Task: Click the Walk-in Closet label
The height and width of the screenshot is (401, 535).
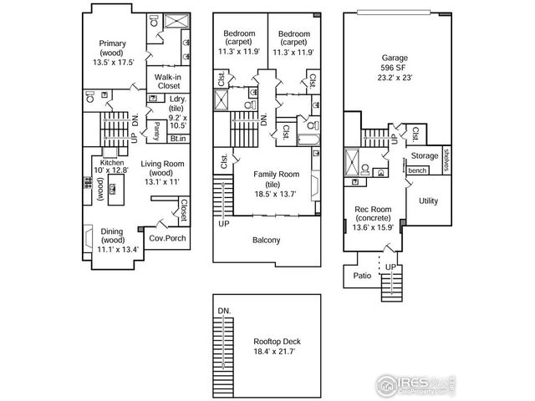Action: pos(170,80)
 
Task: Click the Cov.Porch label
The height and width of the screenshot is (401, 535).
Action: pos(167,238)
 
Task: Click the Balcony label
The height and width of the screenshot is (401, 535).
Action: pos(267,241)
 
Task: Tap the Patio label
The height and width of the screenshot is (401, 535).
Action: pos(361,275)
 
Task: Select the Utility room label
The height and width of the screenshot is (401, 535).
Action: pos(428,201)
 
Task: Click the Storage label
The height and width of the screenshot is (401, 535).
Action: pos(424,156)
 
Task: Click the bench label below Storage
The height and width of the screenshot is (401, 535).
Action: pos(416,170)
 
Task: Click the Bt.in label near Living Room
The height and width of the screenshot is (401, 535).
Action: pos(178,139)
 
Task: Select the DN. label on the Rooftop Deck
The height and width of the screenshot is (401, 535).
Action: pos(223,311)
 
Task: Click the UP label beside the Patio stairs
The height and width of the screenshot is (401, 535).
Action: pos(390,266)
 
